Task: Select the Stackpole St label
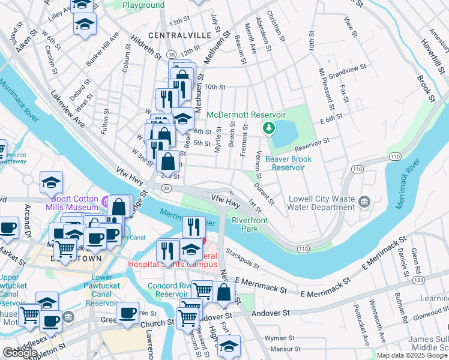243,257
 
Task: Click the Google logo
20,353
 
